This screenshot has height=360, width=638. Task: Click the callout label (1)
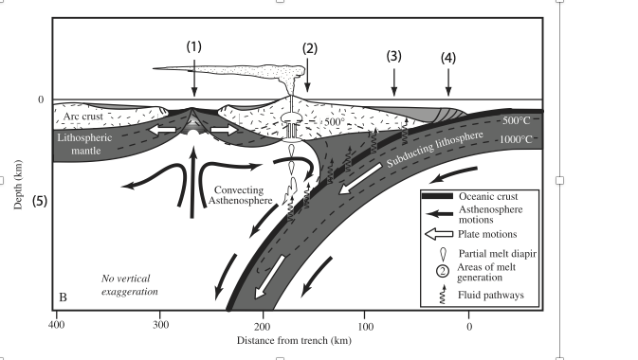point(193,45)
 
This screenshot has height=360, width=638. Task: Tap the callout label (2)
point(308,47)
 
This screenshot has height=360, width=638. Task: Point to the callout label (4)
point(448,58)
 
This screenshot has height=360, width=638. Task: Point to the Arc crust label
point(80,117)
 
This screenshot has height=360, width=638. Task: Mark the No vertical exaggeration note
point(131,283)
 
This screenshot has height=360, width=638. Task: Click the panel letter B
point(63,297)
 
